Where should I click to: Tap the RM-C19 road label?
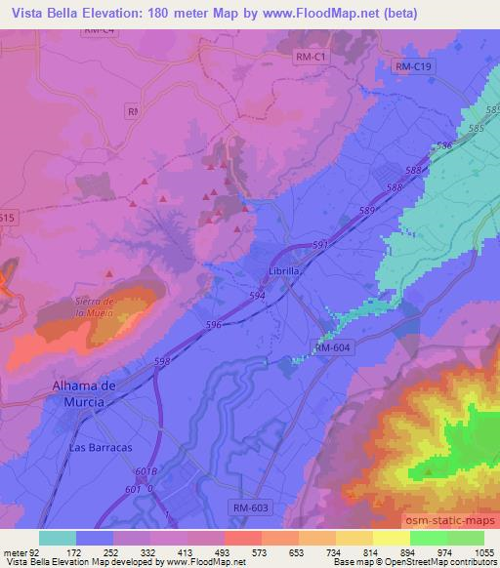[415, 65]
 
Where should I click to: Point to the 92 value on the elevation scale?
[27, 551]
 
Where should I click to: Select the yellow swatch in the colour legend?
[391, 537]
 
